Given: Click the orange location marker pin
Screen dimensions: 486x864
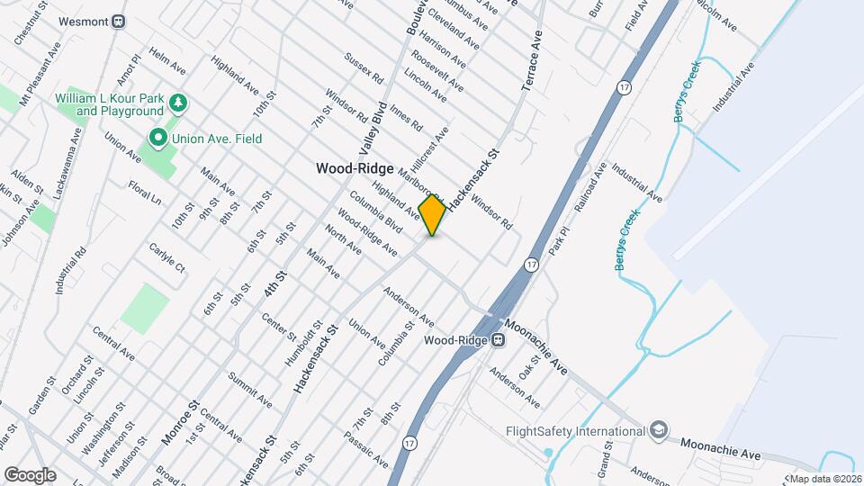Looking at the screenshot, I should [432, 215].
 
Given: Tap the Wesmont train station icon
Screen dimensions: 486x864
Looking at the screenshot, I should [119, 21].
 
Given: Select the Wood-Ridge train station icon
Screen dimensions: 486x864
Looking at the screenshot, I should [497, 340].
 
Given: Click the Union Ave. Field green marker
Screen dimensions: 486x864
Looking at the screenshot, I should [158, 138].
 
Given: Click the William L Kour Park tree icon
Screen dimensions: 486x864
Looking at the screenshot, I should [179, 103].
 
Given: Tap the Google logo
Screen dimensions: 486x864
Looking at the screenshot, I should [30, 474].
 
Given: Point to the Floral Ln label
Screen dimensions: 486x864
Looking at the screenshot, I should [144, 193].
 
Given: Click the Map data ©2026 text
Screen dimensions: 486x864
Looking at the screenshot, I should [824, 478].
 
